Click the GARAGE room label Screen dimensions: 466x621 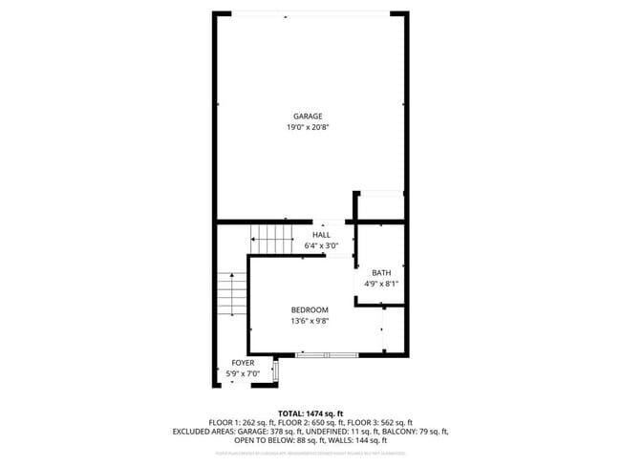pos(308,116)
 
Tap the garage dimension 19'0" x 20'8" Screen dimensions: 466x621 pos(308,127)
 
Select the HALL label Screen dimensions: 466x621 pos(321,235)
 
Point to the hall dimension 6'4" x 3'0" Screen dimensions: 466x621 pos(321,245)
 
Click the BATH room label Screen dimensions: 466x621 pos(381,273)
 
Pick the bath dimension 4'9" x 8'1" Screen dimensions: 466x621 pos(381,284)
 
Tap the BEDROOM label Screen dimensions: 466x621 pos(310,310)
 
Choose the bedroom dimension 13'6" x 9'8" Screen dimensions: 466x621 pos(310,321)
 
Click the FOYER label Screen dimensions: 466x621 pos(243,363)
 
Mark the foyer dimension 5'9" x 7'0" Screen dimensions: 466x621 pos(243,373)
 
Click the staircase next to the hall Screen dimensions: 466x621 pos(271,239)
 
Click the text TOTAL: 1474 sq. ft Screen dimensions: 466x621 pos(310,413)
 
